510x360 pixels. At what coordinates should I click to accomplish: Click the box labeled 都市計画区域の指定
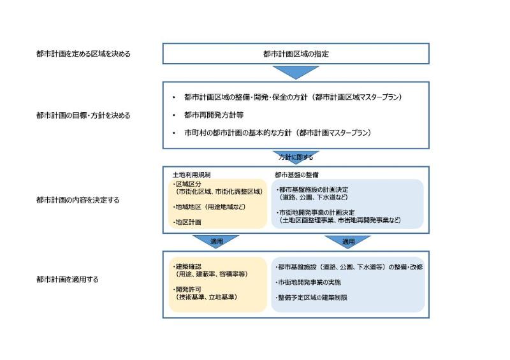(296, 54)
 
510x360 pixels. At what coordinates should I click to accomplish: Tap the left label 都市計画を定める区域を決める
(84, 54)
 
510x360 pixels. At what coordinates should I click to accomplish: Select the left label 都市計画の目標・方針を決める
(84, 115)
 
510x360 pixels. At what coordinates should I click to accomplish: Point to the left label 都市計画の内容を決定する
(78, 200)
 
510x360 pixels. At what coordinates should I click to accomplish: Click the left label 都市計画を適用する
(68, 279)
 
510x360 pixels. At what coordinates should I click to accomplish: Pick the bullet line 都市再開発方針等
(214, 115)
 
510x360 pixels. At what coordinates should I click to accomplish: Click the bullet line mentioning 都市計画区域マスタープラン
(293, 97)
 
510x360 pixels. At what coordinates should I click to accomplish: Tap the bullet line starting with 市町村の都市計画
(277, 133)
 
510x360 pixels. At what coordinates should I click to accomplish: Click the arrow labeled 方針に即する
(296, 157)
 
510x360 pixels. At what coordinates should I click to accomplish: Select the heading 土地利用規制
(192, 175)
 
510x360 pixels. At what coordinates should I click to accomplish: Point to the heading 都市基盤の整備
(296, 175)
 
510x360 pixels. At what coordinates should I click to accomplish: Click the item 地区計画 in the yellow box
(187, 222)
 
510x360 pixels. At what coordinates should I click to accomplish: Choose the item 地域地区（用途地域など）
(209, 207)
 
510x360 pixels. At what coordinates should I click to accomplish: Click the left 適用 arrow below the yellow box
(216, 241)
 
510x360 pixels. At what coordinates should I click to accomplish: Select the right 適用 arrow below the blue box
(347, 241)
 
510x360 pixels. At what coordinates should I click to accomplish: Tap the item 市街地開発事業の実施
(309, 282)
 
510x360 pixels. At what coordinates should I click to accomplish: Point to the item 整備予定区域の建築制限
(312, 298)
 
